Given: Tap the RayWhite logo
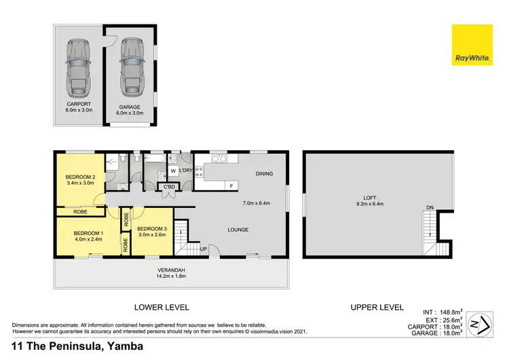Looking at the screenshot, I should pyautogui.click(x=472, y=46).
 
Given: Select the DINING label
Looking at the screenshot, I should pyautogui.click(x=264, y=174).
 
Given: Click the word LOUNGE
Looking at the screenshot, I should pyautogui.click(x=238, y=230).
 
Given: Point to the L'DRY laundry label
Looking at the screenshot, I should pyautogui.click(x=185, y=170).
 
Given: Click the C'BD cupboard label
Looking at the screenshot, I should pyautogui.click(x=167, y=187).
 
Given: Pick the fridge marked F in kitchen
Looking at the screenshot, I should pyautogui.click(x=231, y=185).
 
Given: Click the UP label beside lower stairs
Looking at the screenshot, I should pyautogui.click(x=203, y=249).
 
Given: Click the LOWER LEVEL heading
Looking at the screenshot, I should pyautogui.click(x=161, y=307).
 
